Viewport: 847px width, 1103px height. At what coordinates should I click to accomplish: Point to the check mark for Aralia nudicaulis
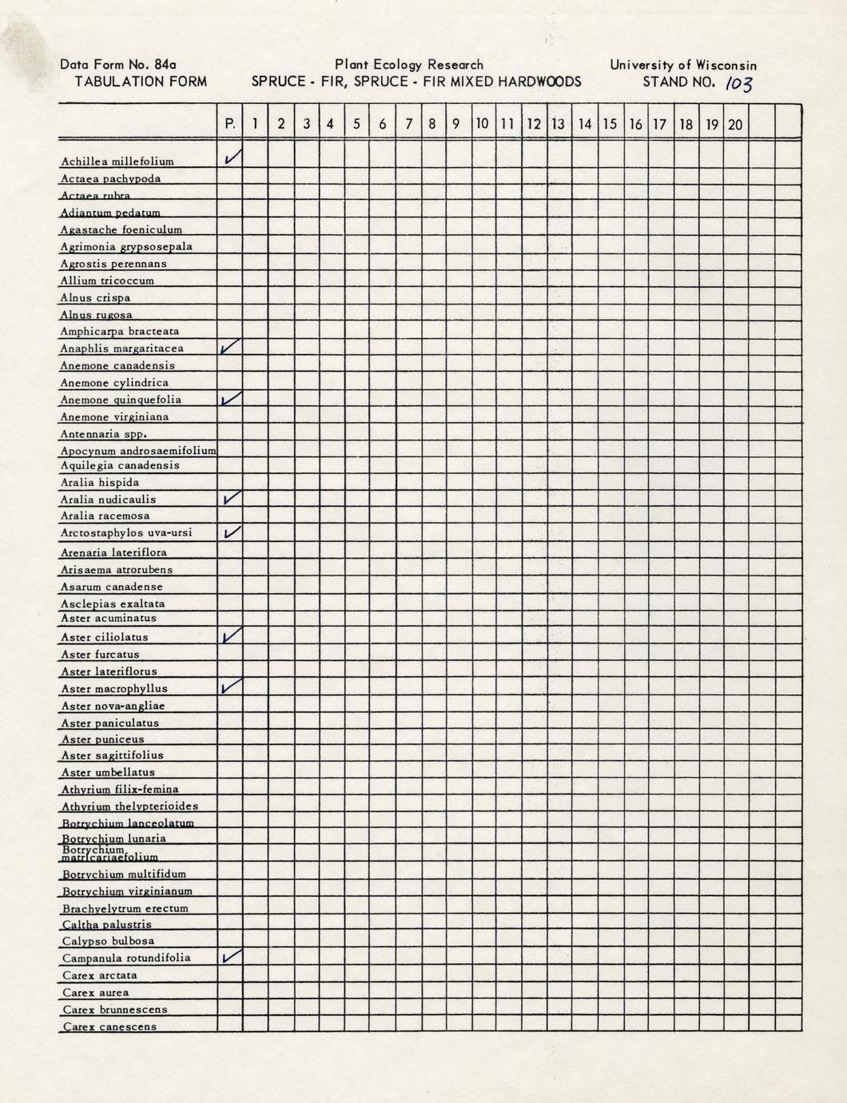232,497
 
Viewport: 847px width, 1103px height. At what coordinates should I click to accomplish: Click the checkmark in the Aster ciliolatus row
232,635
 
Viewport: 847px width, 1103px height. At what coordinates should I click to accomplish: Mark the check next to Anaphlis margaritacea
231,346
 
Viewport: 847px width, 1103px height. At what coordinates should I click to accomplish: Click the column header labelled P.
230,124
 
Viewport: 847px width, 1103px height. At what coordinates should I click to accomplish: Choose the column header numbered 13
558,124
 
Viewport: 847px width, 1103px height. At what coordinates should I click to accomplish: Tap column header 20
735,124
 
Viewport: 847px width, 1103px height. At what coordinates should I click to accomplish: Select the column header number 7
408,124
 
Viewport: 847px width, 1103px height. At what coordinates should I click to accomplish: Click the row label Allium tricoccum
107,281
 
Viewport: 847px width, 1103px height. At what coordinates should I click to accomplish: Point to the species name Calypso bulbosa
109,941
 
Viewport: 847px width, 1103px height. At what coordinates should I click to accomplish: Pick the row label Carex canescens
109,1026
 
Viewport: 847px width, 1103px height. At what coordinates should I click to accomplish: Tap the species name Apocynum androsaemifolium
138,450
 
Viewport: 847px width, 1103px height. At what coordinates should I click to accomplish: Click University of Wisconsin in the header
682,65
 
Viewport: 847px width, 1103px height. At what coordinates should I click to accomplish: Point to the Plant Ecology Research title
409,65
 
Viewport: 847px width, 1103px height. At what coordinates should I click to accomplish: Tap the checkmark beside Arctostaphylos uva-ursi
232,532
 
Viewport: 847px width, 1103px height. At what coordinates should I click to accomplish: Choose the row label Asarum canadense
112,587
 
